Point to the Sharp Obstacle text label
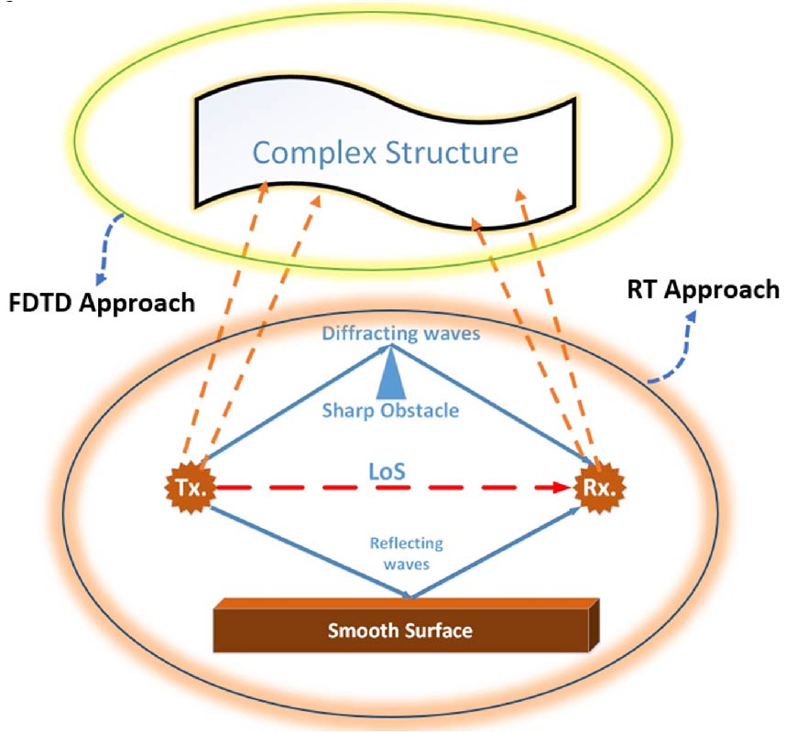(389, 411)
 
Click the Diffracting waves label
(400, 334)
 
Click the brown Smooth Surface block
(403, 630)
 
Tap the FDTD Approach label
(101, 302)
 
